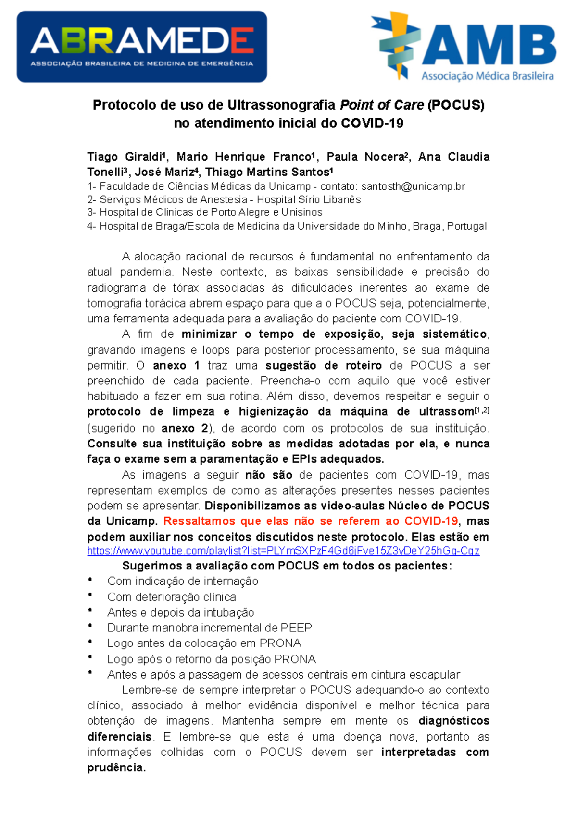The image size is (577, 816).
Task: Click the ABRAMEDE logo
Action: click(142, 47)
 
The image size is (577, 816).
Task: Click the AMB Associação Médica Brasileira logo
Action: click(464, 47)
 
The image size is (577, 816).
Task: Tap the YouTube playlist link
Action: click(283, 551)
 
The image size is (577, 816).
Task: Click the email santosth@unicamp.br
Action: click(413, 186)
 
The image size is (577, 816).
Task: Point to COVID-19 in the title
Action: click(372, 124)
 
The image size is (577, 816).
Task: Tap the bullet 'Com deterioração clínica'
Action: click(172, 597)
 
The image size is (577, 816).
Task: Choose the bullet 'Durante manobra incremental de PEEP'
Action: click(210, 628)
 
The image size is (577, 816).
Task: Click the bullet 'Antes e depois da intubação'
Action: click(181, 612)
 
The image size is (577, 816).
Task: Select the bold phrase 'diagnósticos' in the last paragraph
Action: click(453, 721)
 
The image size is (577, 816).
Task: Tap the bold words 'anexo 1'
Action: click(176, 365)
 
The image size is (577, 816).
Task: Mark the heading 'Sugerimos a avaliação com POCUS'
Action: click(287, 566)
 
